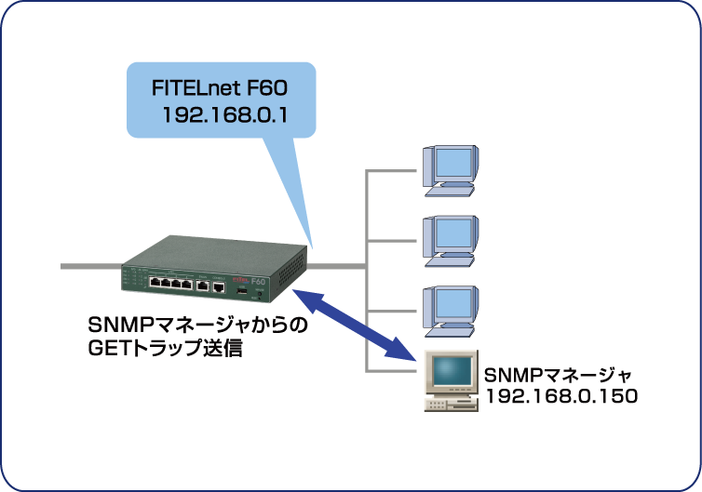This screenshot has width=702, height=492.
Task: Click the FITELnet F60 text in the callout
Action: tap(221, 89)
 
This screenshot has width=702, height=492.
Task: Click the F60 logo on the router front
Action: tap(260, 281)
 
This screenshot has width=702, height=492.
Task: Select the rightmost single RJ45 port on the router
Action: tap(218, 286)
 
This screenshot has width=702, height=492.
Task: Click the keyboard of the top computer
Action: tap(452, 190)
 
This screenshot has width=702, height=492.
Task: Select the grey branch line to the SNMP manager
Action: tap(391, 371)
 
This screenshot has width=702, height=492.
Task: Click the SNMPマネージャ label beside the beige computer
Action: tap(558, 376)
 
